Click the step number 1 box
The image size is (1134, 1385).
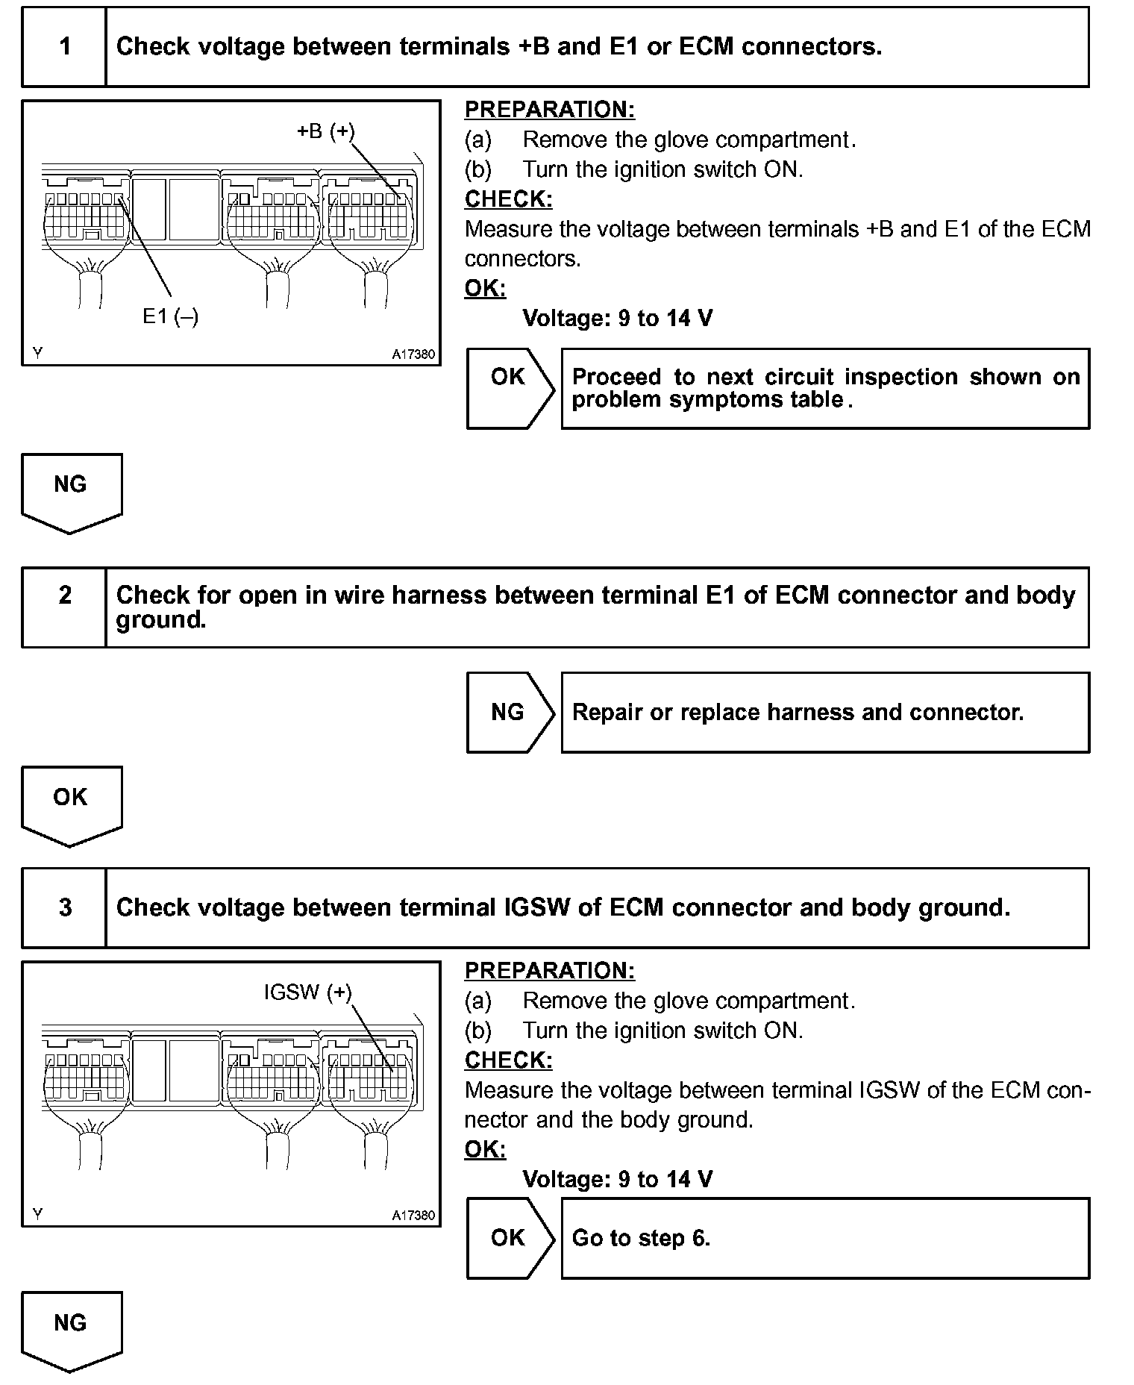pos(64,47)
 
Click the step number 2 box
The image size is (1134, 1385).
pos(64,607)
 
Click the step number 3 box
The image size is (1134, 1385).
pos(64,907)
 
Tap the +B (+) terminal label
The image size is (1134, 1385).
pos(326,131)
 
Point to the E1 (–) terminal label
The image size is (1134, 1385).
pos(170,317)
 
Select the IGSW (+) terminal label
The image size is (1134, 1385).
pos(307,992)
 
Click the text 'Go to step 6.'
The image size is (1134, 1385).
pos(641,1238)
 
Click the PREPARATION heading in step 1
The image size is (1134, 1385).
pos(549,110)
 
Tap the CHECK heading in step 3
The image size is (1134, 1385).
pos(508,1060)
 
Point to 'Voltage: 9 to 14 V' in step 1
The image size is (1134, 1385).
pos(617,319)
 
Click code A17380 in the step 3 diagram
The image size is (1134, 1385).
pos(413,1215)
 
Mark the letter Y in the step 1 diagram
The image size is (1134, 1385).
pos(37,354)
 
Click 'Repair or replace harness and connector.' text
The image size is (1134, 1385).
pos(798,713)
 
